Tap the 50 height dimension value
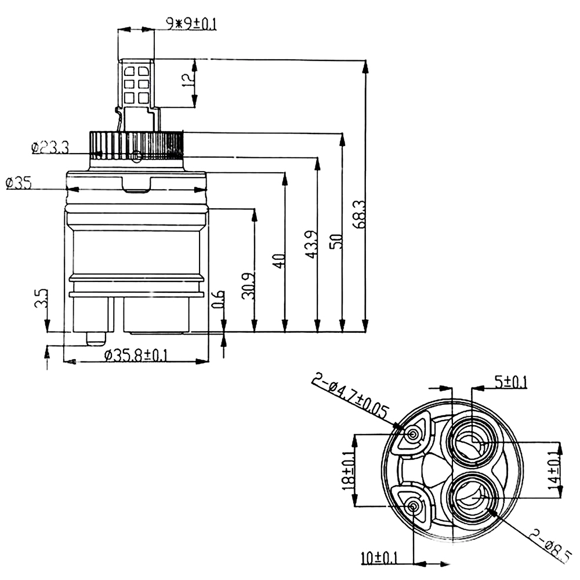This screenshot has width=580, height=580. click(335, 239)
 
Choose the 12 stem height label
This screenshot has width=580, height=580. click(187, 82)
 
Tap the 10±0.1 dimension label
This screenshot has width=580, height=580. click(378, 558)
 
